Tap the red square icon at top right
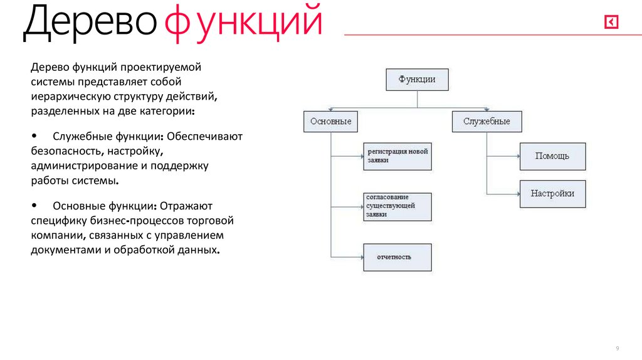pyautogui.click(x=611, y=23)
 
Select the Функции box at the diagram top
pyautogui.click(x=417, y=80)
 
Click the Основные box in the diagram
pyautogui.click(x=330, y=121)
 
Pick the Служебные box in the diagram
pyautogui.click(x=487, y=121)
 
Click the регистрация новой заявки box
pyautogui.click(x=397, y=156)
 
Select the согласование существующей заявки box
pyautogui.click(x=397, y=206)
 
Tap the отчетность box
pyautogui.click(x=397, y=257)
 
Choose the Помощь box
pyautogui.click(x=552, y=156)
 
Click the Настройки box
pyautogui.click(x=552, y=194)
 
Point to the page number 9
pyautogui.click(x=618, y=348)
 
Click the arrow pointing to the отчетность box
pyautogui.click(x=348, y=257)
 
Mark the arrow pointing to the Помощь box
pyautogui.click(x=503, y=156)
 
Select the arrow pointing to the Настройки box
pyautogui.click(x=503, y=194)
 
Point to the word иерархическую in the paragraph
pyautogui.click(x=71, y=97)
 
